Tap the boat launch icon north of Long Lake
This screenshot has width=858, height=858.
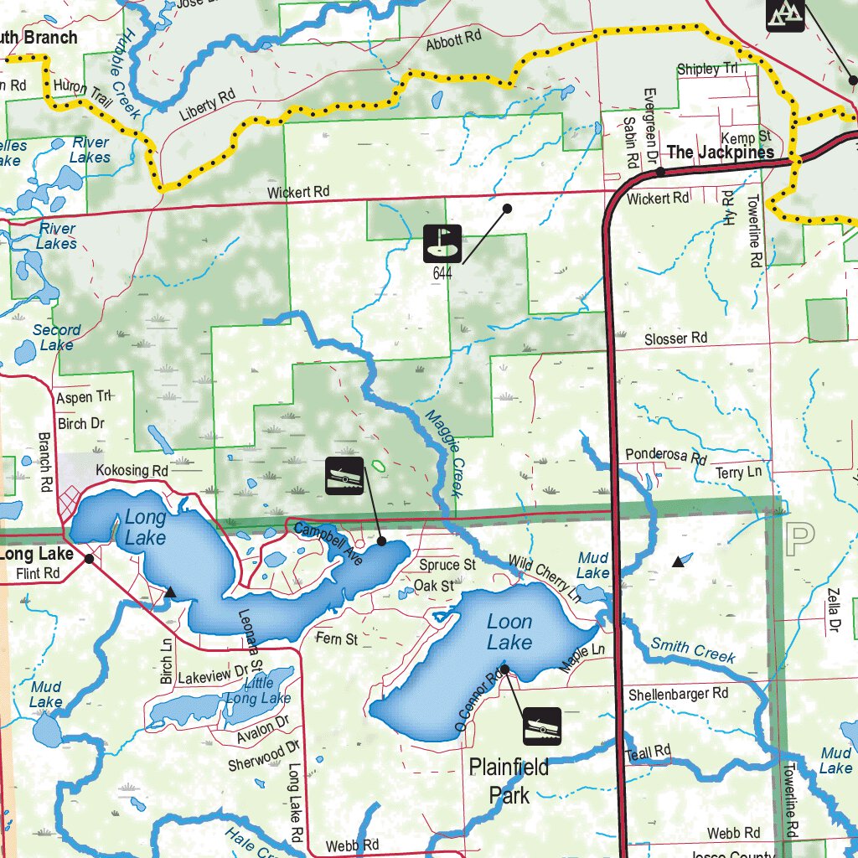[x=344, y=477]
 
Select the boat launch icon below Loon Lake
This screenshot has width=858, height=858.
[x=541, y=726]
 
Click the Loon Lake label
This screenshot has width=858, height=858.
[x=509, y=632]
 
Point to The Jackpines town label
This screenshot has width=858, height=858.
[x=720, y=152]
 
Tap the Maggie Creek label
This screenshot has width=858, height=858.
[x=445, y=453]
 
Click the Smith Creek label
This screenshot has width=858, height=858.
[x=693, y=651]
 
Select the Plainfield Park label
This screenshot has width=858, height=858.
[x=509, y=780]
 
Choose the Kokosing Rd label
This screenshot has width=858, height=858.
[x=132, y=471]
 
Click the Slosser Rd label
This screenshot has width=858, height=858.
[x=675, y=339]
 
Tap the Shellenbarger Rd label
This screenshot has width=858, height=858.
[x=679, y=694]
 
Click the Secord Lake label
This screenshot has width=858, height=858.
[x=57, y=337]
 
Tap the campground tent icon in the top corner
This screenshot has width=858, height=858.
[x=785, y=13]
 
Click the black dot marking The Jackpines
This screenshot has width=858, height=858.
[x=660, y=172]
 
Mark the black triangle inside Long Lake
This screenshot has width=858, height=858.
[x=170, y=592]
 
